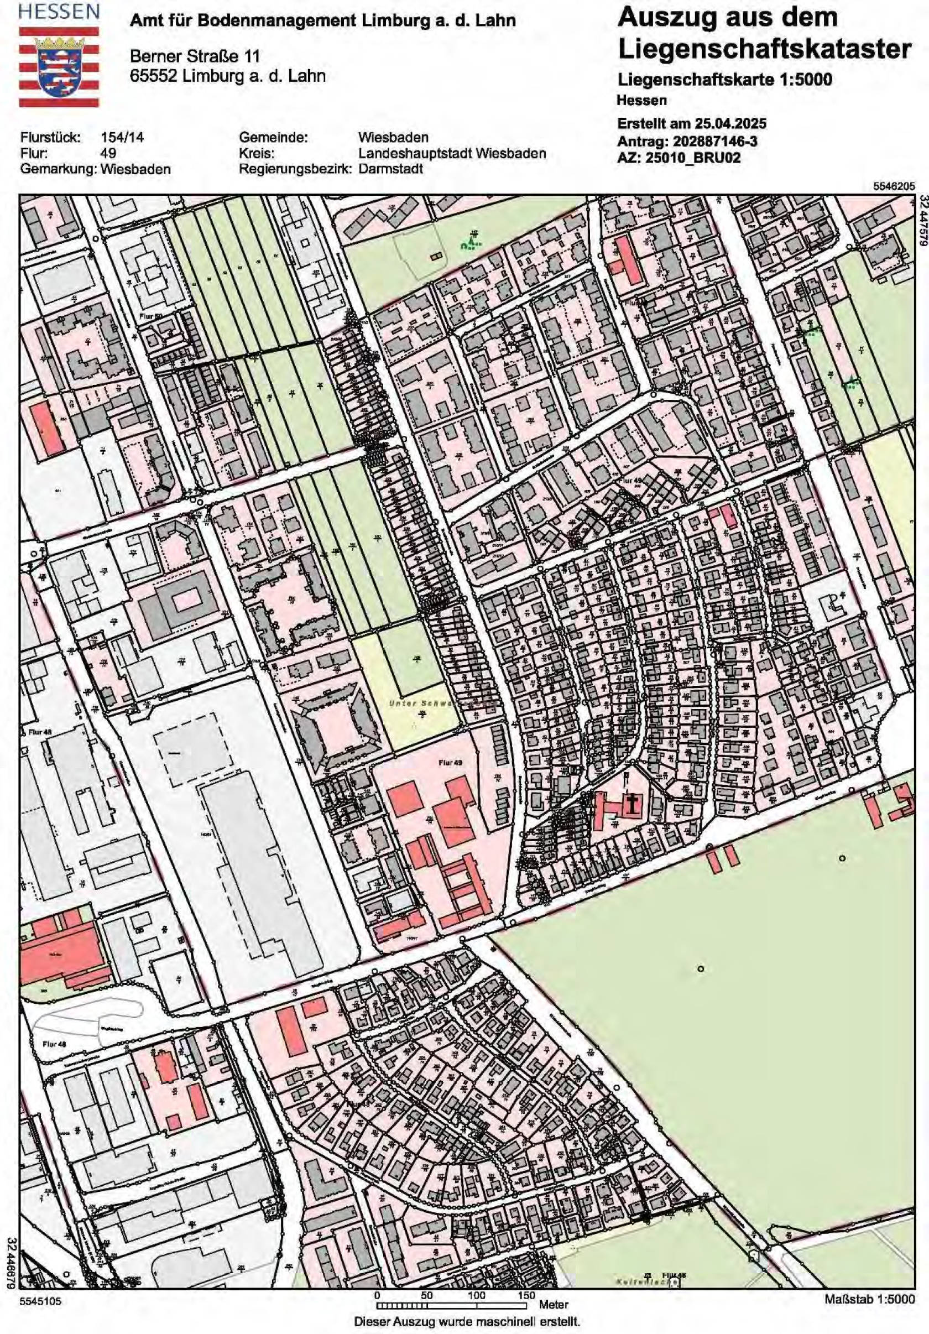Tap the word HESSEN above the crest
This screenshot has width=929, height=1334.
click(59, 12)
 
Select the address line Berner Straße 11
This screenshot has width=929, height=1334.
click(194, 56)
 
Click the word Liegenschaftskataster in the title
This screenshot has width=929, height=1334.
click(764, 49)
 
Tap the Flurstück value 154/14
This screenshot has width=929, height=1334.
click(122, 138)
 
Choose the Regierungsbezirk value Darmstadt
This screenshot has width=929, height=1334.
click(390, 169)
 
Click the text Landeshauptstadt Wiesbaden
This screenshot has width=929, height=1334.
click(452, 153)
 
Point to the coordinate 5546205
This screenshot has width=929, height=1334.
click(894, 186)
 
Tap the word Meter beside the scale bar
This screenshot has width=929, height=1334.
click(553, 1305)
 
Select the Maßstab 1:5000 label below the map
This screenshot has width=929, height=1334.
click(869, 1299)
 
